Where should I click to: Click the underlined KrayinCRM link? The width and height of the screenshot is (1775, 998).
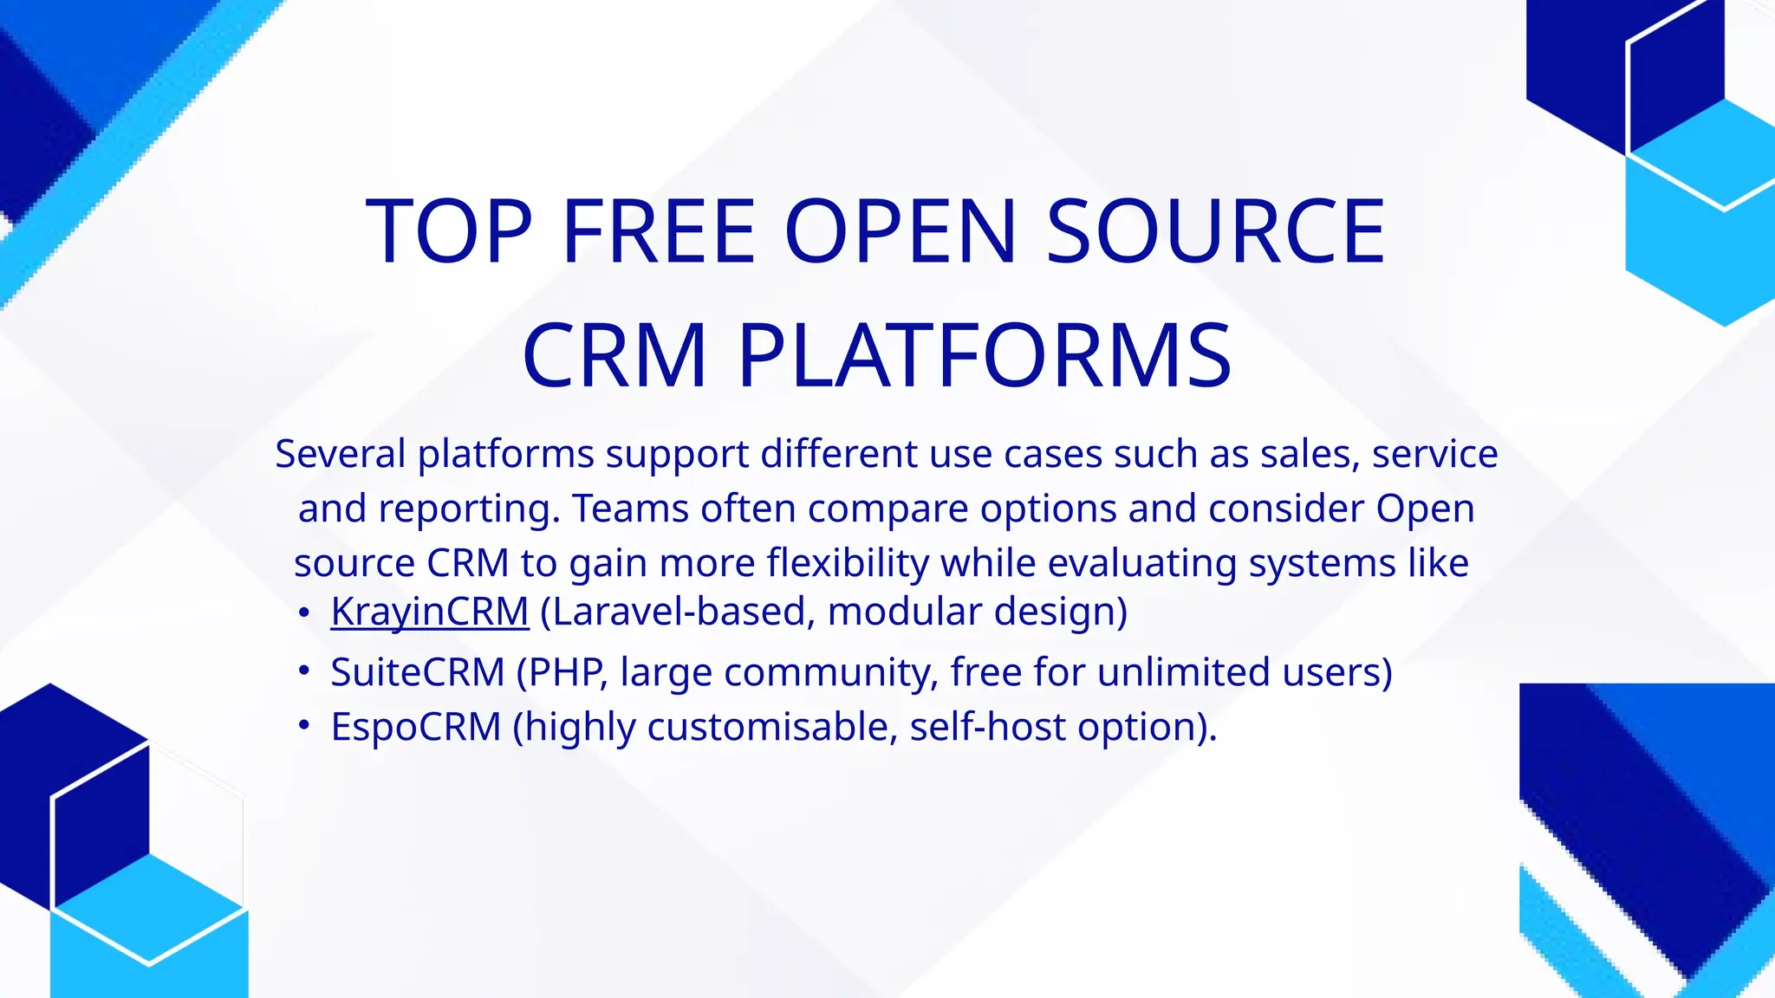429,612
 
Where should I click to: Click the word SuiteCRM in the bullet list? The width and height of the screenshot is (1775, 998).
417,672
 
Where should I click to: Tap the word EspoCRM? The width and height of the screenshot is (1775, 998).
416,727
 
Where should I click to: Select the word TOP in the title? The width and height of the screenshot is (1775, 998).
449,231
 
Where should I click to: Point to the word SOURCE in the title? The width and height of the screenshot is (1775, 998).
1215,231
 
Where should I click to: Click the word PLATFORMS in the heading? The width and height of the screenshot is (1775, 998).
984,356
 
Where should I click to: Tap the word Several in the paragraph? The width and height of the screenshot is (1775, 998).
340,454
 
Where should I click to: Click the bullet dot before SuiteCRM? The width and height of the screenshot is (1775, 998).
302,671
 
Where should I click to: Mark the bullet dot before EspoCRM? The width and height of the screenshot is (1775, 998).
302,726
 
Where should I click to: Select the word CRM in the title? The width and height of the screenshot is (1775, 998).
614,356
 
